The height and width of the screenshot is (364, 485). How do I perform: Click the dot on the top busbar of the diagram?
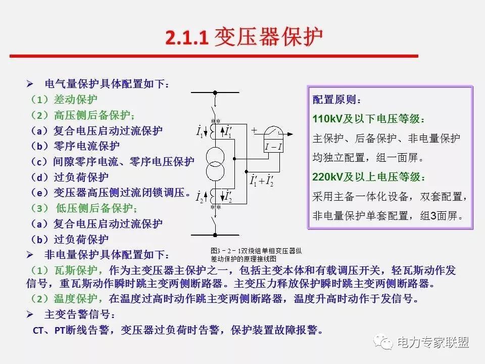click(x=215, y=93)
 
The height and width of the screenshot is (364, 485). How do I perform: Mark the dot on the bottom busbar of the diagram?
click(x=215, y=235)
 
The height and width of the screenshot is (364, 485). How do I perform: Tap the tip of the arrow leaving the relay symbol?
click(x=293, y=134)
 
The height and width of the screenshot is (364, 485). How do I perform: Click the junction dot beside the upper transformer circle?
click(x=234, y=159)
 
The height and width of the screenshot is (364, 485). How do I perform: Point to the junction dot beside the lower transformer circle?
click(x=247, y=171)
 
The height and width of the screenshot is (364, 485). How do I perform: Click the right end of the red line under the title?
click(x=418, y=56)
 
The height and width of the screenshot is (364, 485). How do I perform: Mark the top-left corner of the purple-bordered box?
click(x=308, y=86)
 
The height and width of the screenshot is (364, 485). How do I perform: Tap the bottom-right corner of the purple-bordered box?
click(x=473, y=230)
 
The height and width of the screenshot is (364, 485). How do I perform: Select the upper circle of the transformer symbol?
click(x=215, y=157)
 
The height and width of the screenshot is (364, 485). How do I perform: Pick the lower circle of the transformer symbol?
click(x=215, y=171)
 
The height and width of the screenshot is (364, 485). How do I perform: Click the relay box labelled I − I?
click(x=273, y=147)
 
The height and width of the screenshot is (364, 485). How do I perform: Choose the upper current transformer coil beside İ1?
click(x=213, y=131)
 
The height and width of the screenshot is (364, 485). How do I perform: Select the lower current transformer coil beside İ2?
click(x=213, y=196)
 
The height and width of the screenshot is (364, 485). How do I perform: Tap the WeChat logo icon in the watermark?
click(x=382, y=342)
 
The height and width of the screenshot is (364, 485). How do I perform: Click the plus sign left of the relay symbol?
click(x=254, y=130)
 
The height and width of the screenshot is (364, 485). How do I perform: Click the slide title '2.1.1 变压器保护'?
click(x=244, y=37)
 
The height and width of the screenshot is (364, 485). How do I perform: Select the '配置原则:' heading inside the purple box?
click(x=336, y=100)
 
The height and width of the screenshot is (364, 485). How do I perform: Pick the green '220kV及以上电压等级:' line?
click(x=369, y=177)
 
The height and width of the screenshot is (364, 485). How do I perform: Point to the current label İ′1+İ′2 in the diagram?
click(x=262, y=180)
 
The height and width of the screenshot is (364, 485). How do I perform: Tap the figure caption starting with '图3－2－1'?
click(x=256, y=255)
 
